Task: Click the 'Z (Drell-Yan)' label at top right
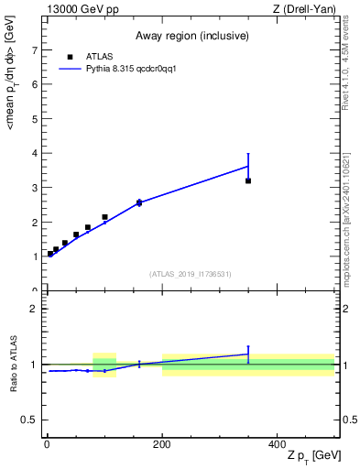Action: (305, 9)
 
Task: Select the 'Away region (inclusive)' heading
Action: (191, 36)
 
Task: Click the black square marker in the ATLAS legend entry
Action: (70, 56)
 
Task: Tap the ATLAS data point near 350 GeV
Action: (248, 180)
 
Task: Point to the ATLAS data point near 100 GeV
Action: (104, 217)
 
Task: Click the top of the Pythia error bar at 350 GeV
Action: (248, 154)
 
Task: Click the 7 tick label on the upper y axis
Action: (35, 49)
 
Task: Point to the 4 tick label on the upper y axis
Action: (35, 153)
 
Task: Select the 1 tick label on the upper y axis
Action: (35, 256)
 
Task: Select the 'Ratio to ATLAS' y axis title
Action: (12, 364)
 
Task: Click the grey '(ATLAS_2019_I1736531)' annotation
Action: (191, 274)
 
